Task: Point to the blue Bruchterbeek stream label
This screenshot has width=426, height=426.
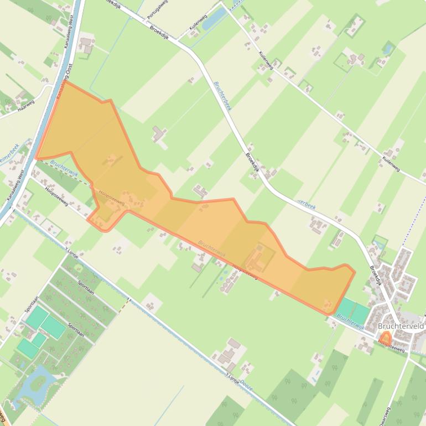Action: tap(222, 96)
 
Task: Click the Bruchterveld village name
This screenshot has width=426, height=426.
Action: tap(401, 326)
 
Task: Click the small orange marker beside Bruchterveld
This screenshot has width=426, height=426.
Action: tap(385, 336)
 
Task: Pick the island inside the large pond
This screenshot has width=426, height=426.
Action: tap(39, 381)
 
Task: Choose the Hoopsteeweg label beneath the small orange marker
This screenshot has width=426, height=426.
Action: tap(392, 346)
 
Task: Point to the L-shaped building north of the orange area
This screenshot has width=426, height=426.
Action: tap(159, 134)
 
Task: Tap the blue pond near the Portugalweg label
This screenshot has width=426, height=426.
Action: tap(212, 19)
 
